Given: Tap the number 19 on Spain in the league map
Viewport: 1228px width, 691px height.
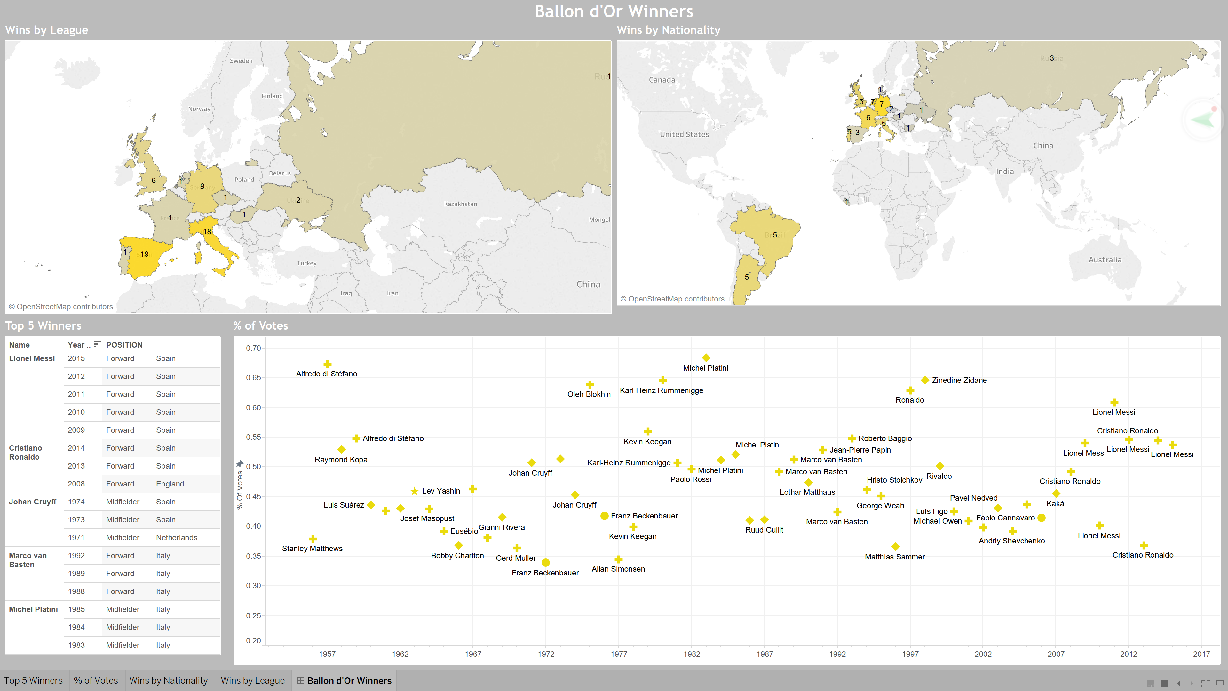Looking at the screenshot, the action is click(x=145, y=254).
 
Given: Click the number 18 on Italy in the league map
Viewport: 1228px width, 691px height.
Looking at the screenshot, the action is click(x=207, y=232).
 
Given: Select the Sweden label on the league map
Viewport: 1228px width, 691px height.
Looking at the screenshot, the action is click(x=241, y=61).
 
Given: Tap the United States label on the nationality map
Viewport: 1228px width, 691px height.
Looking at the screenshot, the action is click(x=684, y=134).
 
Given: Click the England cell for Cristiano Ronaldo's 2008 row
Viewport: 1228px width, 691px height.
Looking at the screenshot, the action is click(x=170, y=484).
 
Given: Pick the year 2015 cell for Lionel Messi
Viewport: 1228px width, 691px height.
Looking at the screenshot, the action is click(x=76, y=358).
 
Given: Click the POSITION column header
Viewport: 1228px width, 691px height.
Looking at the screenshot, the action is click(x=124, y=345).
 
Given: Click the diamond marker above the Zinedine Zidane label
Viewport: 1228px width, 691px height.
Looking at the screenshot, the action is click(x=925, y=380).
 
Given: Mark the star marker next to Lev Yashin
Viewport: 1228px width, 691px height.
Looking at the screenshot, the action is click(x=414, y=491).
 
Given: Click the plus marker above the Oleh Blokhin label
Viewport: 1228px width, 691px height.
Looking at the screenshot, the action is click(x=590, y=384).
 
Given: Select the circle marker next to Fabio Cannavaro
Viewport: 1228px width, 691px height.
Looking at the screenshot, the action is click(x=1042, y=518).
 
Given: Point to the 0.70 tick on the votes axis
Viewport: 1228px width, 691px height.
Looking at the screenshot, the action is click(x=253, y=348).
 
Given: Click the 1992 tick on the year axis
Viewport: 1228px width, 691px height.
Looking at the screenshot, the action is click(x=837, y=654).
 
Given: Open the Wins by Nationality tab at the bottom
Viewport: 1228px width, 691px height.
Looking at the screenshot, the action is click(x=168, y=680).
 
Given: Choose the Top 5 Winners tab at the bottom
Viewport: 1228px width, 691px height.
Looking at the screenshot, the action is click(x=33, y=680).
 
